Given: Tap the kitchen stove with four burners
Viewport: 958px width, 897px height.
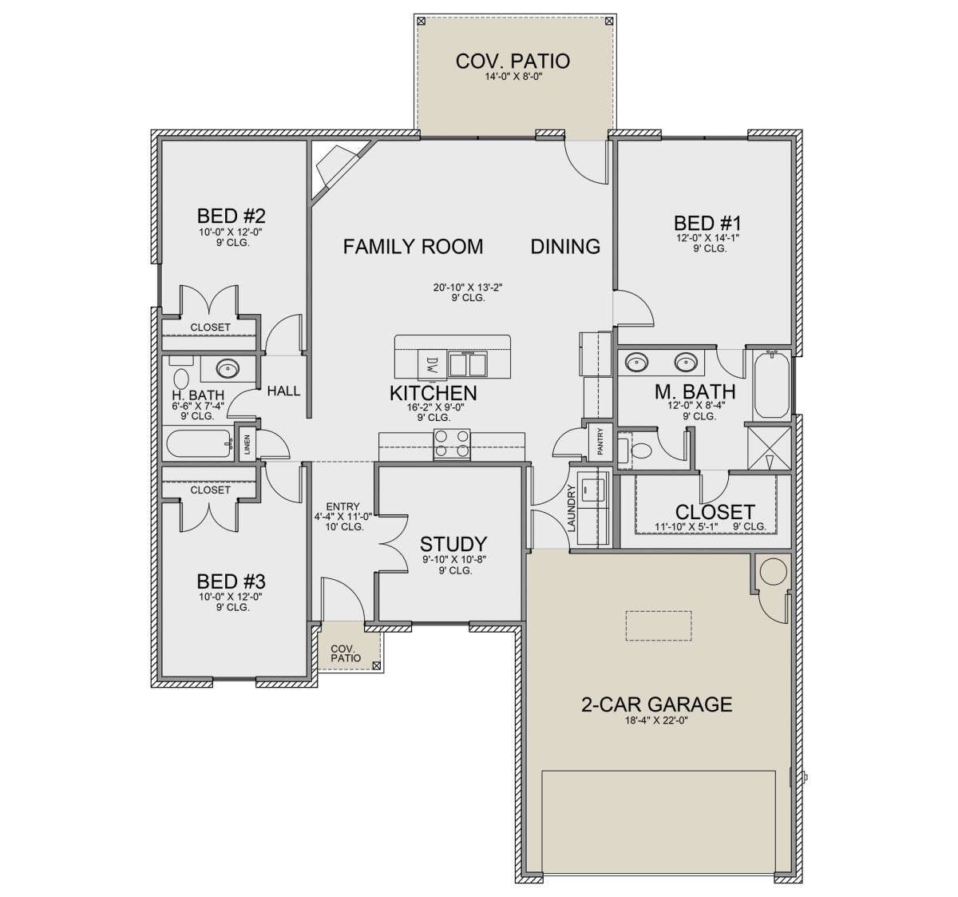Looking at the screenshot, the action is pyautogui.click(x=452, y=444).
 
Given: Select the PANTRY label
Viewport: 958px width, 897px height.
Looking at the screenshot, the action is pyautogui.click(x=600, y=441).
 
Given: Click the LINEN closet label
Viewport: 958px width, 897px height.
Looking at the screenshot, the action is pyautogui.click(x=247, y=445).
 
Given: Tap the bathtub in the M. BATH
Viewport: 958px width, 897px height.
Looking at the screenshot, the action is pyautogui.click(x=771, y=386).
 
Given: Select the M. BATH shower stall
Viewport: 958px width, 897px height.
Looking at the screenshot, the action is pyautogui.click(x=769, y=447).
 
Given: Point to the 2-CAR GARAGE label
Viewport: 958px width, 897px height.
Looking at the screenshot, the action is pyautogui.click(x=656, y=705).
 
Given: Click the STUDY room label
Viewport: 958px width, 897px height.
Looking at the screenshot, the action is pyautogui.click(x=453, y=544).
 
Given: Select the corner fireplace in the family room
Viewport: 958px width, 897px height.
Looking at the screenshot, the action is pyautogui.click(x=338, y=169).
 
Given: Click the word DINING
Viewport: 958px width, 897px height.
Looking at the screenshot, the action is pyautogui.click(x=565, y=247).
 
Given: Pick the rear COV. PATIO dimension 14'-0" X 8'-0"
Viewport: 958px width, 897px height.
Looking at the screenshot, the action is pyautogui.click(x=514, y=77).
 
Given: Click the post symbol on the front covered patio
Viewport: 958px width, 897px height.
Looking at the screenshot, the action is pyautogui.click(x=376, y=665).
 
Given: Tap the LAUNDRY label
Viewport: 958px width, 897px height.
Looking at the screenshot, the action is pyautogui.click(x=572, y=508).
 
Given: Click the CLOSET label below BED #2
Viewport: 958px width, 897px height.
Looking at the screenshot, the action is pyautogui.click(x=210, y=327).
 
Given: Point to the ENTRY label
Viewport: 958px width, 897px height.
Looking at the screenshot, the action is pyautogui.click(x=342, y=506).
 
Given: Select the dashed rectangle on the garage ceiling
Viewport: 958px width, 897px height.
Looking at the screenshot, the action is pyautogui.click(x=659, y=625).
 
